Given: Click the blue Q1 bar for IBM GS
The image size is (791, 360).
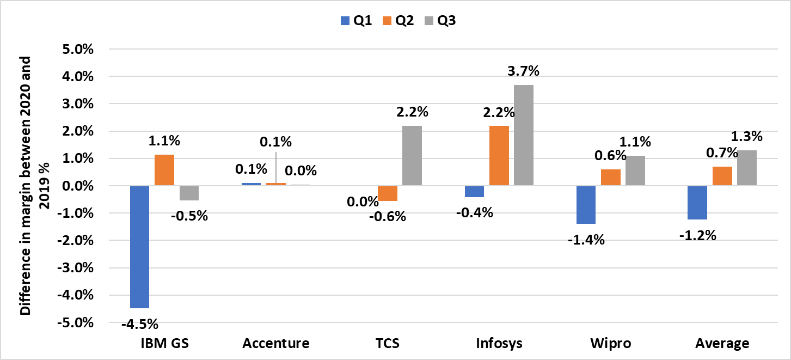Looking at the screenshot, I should pyautogui.click(x=139, y=247).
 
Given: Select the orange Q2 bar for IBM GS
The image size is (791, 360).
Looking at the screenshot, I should pyautogui.click(x=164, y=170).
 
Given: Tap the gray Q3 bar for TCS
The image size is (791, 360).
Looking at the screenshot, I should pyautogui.click(x=412, y=156).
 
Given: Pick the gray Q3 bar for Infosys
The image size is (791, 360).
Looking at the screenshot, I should pyautogui.click(x=524, y=135).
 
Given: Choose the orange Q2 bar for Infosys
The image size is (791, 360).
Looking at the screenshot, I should pyautogui.click(x=499, y=156).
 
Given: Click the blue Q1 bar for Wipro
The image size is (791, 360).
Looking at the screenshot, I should pyautogui.click(x=586, y=205).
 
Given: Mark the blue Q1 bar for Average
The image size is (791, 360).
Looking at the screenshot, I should pyautogui.click(x=697, y=203).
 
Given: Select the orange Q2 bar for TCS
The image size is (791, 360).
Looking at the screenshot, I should pyautogui.click(x=387, y=193).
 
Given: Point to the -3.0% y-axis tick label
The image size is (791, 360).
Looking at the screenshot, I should pyautogui.click(x=78, y=268).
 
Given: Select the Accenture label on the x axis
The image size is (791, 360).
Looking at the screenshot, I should pyautogui.click(x=276, y=344).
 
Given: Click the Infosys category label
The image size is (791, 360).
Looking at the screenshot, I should pyautogui.click(x=499, y=344).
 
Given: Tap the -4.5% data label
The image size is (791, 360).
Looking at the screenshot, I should pyautogui.click(x=140, y=325).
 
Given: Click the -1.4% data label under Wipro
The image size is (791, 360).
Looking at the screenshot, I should pyautogui.click(x=586, y=240).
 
